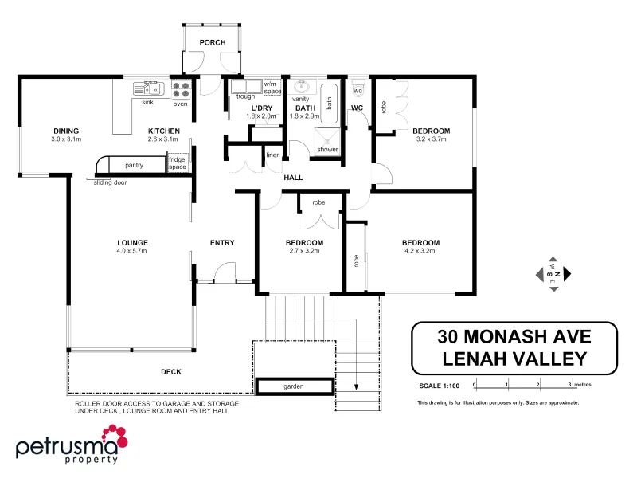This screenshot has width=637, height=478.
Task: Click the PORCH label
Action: tap(212, 42)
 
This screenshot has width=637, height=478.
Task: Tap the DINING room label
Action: tap(66, 131)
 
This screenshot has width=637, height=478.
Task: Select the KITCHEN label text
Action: tap(163, 131)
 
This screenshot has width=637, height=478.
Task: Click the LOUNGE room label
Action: tap(132, 243)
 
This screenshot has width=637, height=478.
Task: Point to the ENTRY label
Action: tap(221, 243)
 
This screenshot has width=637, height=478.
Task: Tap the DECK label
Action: tap(170, 372)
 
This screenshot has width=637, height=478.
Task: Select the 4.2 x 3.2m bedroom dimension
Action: tap(420, 250)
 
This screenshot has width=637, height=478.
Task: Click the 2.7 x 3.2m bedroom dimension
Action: tap(304, 250)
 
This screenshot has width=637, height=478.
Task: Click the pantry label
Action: tap(135, 165)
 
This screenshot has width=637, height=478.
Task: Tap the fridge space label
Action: tap(177, 163)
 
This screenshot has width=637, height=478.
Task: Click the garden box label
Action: tap(294, 386)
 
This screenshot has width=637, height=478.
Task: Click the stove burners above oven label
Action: tap(181, 89)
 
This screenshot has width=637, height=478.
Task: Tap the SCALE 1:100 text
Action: tap(440, 386)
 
